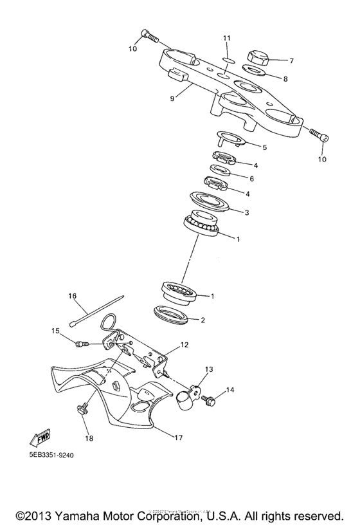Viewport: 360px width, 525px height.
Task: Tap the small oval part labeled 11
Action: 226,60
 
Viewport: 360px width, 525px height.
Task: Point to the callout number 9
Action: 172,98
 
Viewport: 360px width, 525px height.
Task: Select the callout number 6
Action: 252,178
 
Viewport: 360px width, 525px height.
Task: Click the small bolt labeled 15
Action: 81,345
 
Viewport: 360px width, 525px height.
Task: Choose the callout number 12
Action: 184,345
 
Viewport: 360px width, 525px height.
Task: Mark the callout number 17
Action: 177,438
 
